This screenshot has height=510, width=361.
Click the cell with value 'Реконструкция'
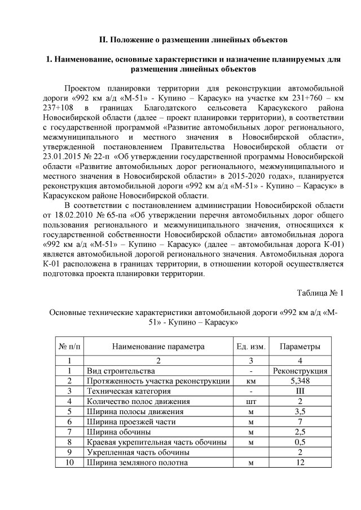click(x=300, y=371)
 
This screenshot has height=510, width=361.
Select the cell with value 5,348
click(x=300, y=381)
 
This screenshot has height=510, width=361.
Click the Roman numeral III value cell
click(x=300, y=391)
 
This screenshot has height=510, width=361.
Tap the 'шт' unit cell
click(x=250, y=401)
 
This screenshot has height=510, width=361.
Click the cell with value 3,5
click(x=300, y=411)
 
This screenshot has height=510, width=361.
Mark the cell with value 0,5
click(x=300, y=442)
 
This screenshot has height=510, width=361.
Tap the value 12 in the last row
click(x=300, y=462)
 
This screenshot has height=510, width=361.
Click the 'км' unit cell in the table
click(x=250, y=381)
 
